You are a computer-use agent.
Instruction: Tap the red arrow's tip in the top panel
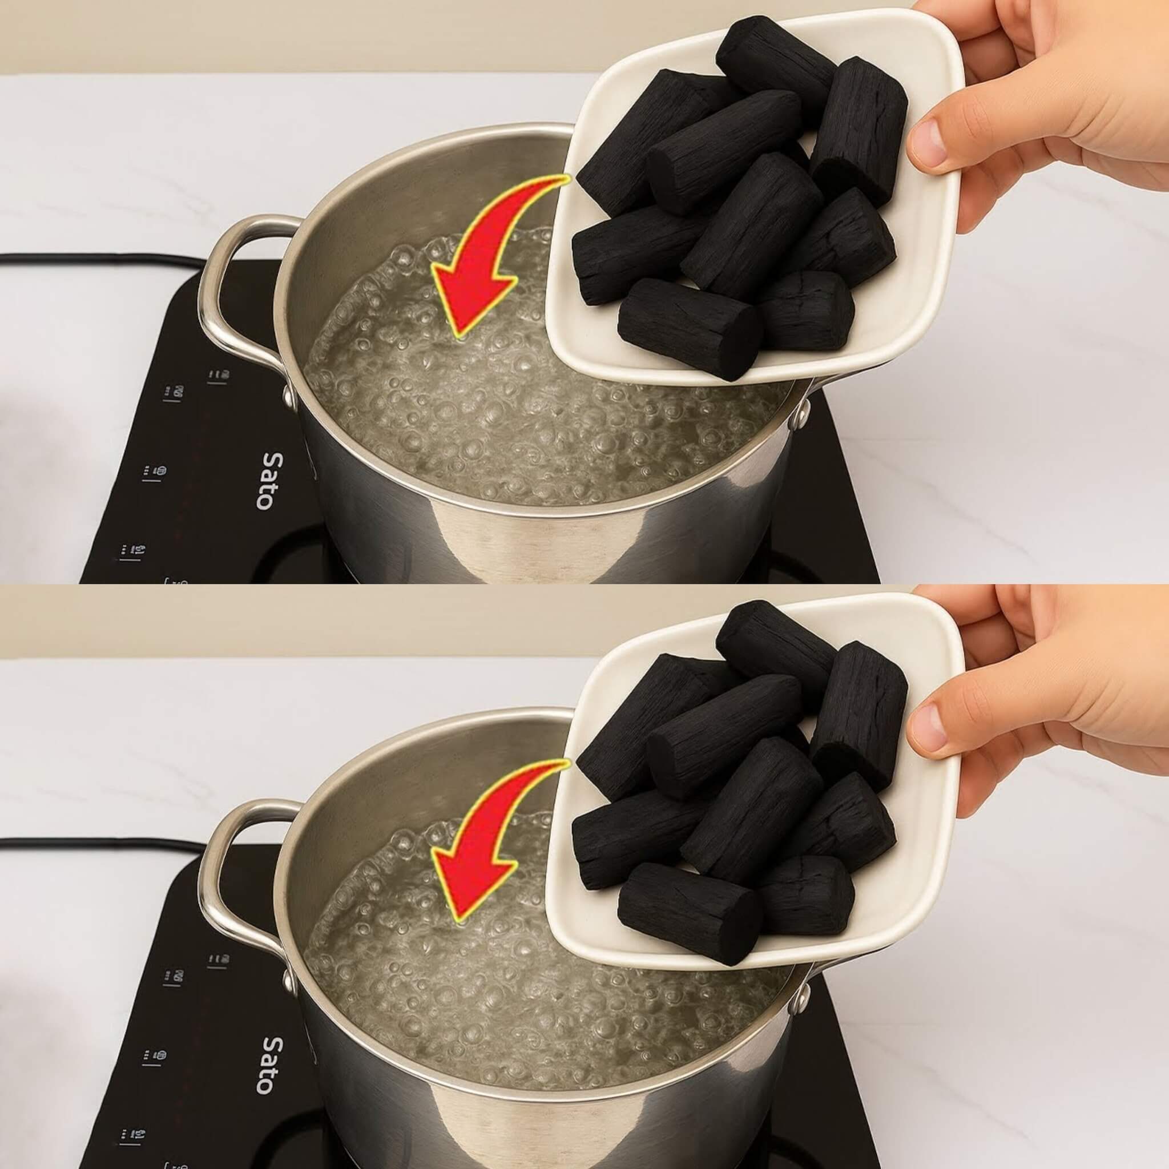point(457,332)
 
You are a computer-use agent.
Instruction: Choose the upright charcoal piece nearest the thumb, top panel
point(859,130)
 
